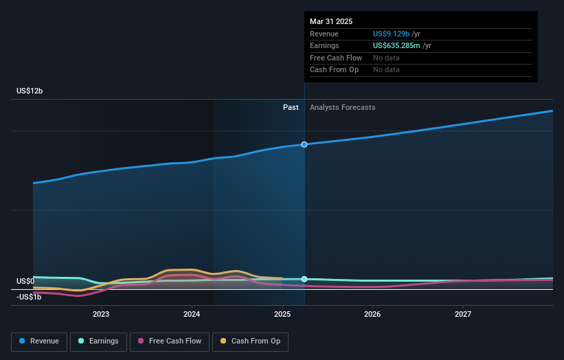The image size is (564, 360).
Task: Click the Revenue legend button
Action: (40, 341)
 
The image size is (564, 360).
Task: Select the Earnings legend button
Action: (98, 341)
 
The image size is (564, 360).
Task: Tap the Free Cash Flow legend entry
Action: (169, 341)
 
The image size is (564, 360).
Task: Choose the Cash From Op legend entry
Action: (250, 341)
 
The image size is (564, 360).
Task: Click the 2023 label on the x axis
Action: (101, 314)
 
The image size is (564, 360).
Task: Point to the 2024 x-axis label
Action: (192, 314)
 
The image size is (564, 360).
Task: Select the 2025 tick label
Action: (282, 314)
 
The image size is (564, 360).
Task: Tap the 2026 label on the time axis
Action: (372, 314)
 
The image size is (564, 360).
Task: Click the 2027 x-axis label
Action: (463, 314)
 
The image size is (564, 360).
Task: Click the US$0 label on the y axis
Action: (25, 281)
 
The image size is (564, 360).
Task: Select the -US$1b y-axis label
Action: (29, 297)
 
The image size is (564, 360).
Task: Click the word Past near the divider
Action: (291, 107)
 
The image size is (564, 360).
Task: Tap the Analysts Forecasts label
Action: (342, 107)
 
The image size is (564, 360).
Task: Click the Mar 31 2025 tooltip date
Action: (331, 21)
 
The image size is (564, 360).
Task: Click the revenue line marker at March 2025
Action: (304, 144)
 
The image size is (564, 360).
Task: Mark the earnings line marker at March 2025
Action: (304, 279)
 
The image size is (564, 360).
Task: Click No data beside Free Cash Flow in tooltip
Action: (386, 58)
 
